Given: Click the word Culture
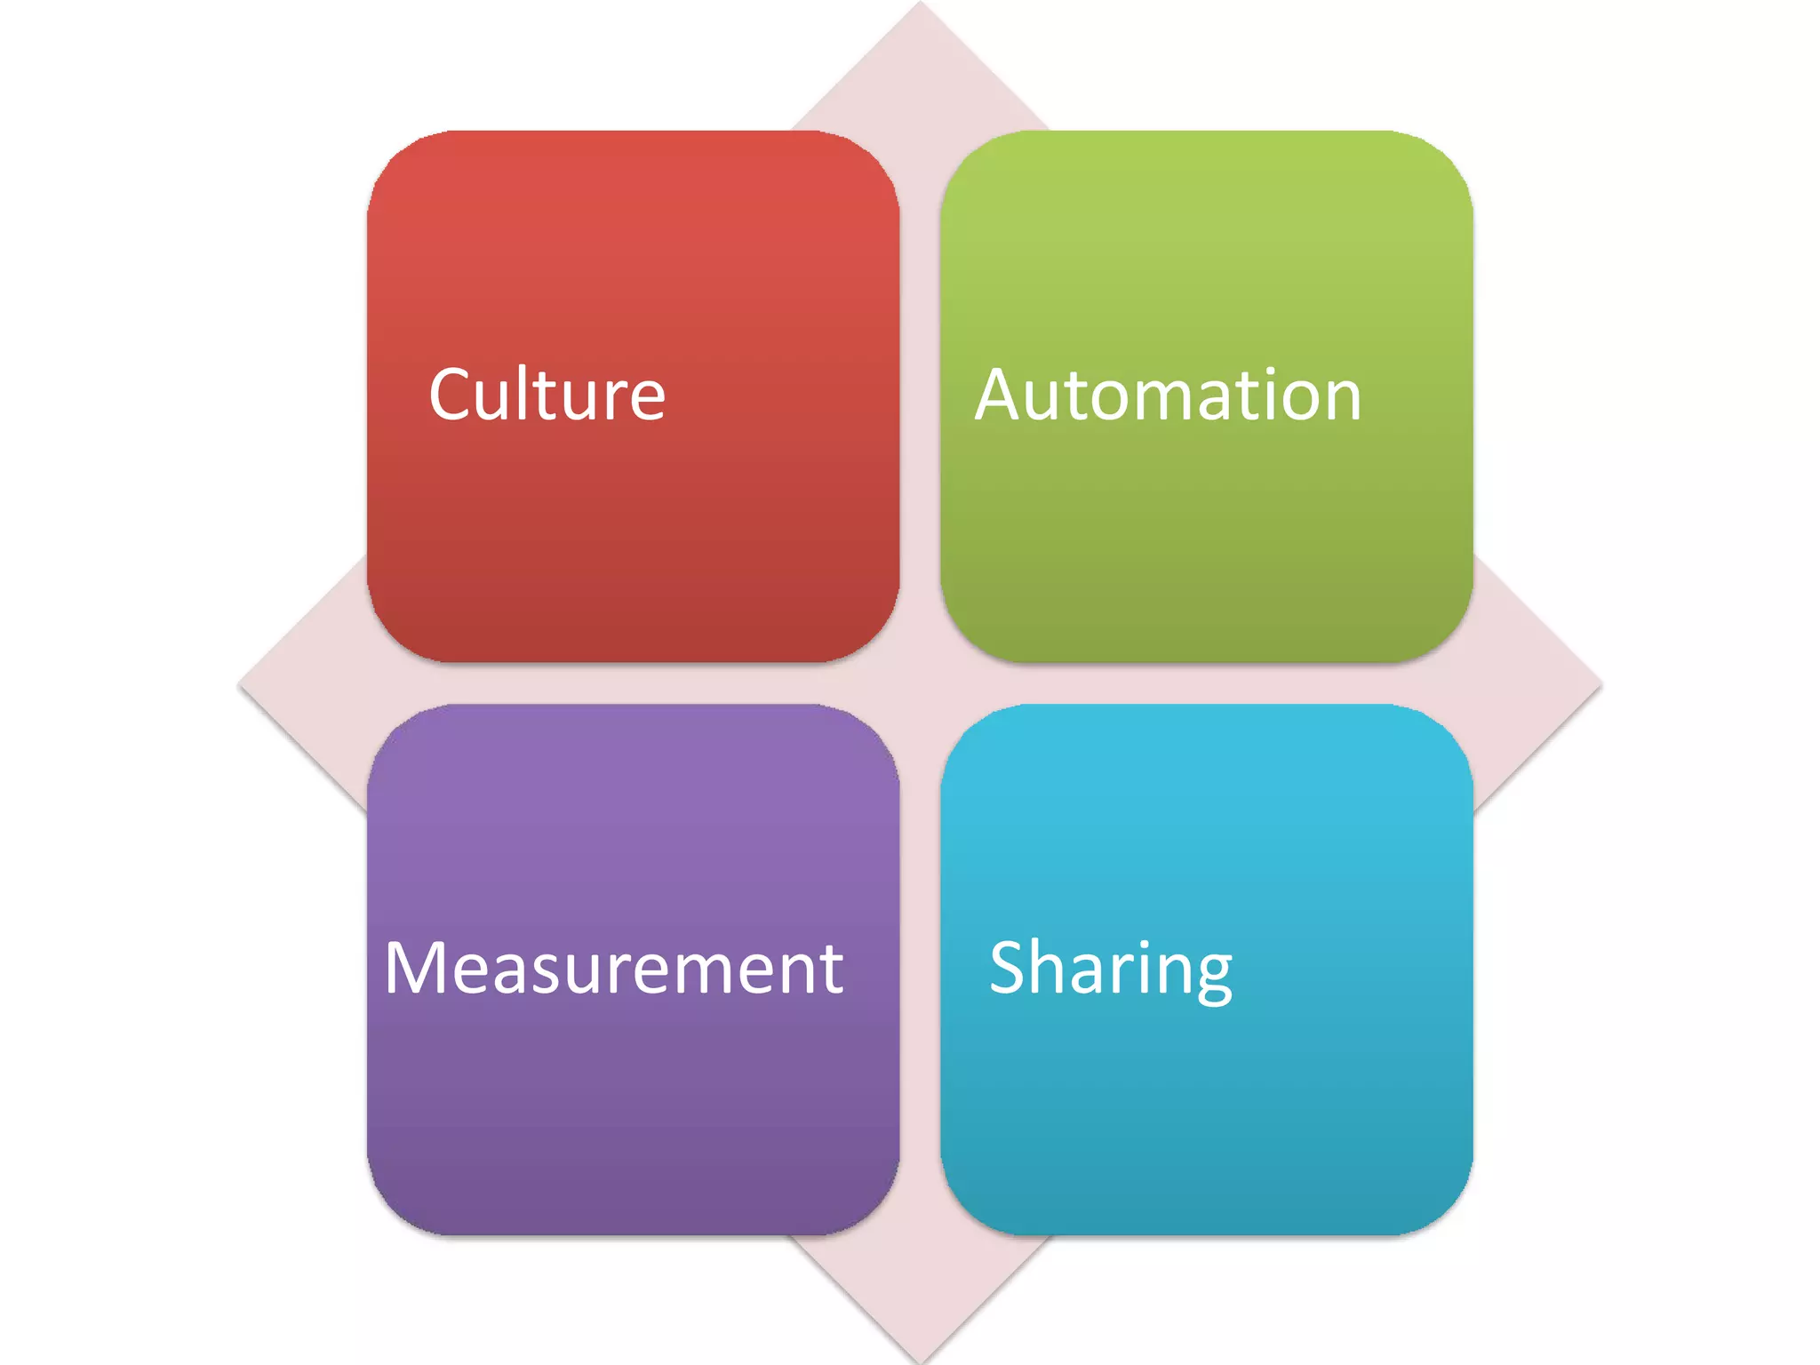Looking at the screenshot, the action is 547,395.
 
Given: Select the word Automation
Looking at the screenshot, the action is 1168,395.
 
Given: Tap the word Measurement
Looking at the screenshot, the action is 613,968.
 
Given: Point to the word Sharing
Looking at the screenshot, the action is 1111,969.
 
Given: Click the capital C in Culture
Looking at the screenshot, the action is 454,395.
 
